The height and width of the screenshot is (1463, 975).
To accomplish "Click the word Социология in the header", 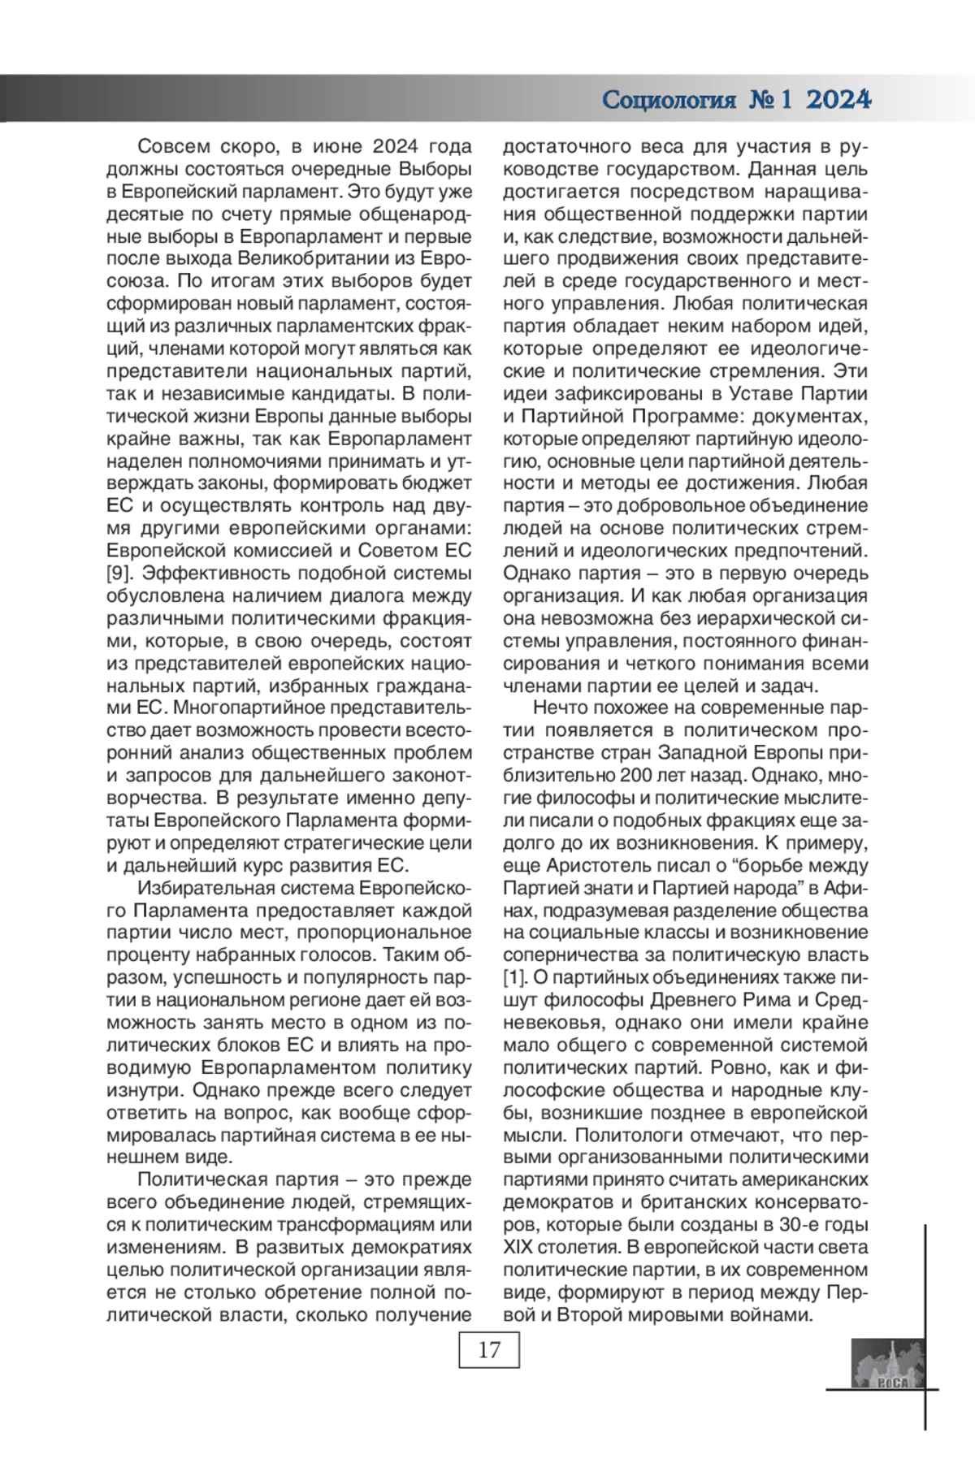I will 669,100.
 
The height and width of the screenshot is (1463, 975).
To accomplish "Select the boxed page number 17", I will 489,1350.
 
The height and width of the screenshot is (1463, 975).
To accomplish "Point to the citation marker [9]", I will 119,574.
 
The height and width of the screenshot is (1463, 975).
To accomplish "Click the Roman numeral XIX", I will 521,1247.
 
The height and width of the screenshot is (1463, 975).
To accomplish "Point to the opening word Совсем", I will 171,147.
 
